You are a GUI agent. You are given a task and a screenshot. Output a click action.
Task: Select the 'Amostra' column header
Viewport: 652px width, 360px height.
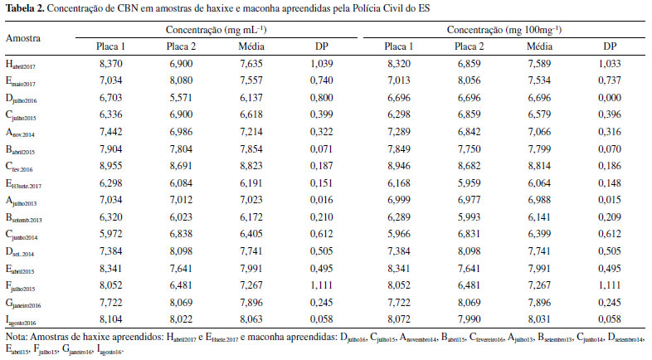pos(23,38)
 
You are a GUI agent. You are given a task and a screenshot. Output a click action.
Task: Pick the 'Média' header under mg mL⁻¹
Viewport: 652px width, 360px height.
pos(251,46)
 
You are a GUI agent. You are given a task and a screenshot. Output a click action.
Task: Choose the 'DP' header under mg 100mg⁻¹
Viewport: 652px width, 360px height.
pos(609,46)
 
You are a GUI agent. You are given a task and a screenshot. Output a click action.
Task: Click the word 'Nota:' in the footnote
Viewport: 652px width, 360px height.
pos(17,338)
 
